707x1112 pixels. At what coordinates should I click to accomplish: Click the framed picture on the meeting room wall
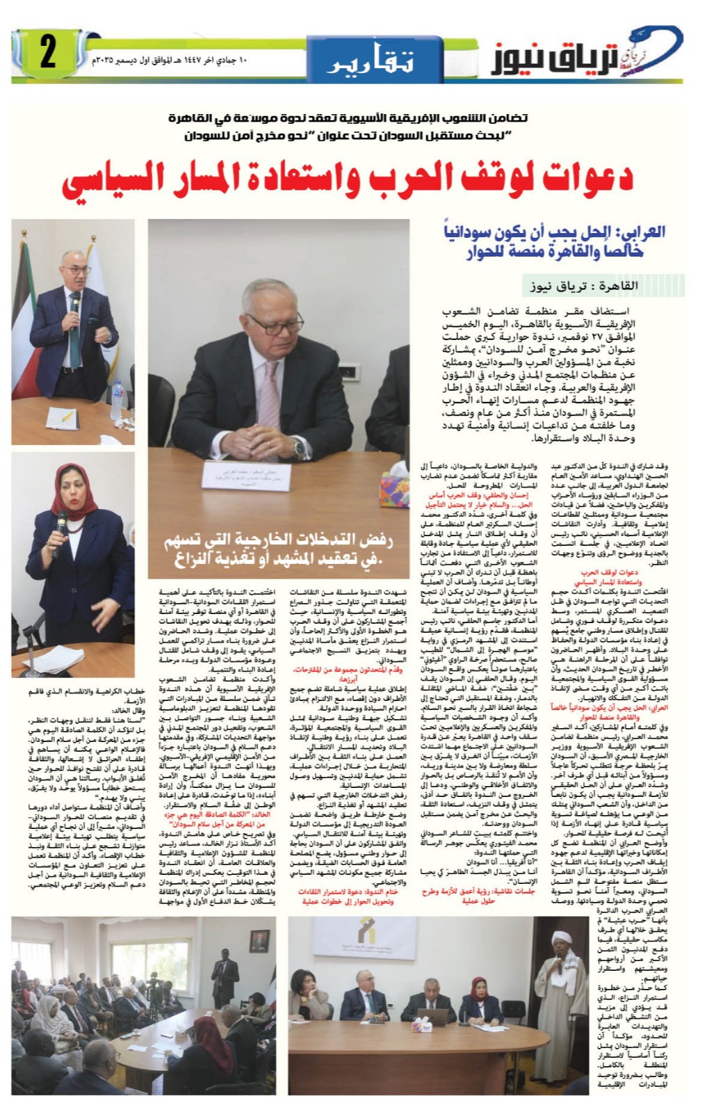click(x=259, y=946)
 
